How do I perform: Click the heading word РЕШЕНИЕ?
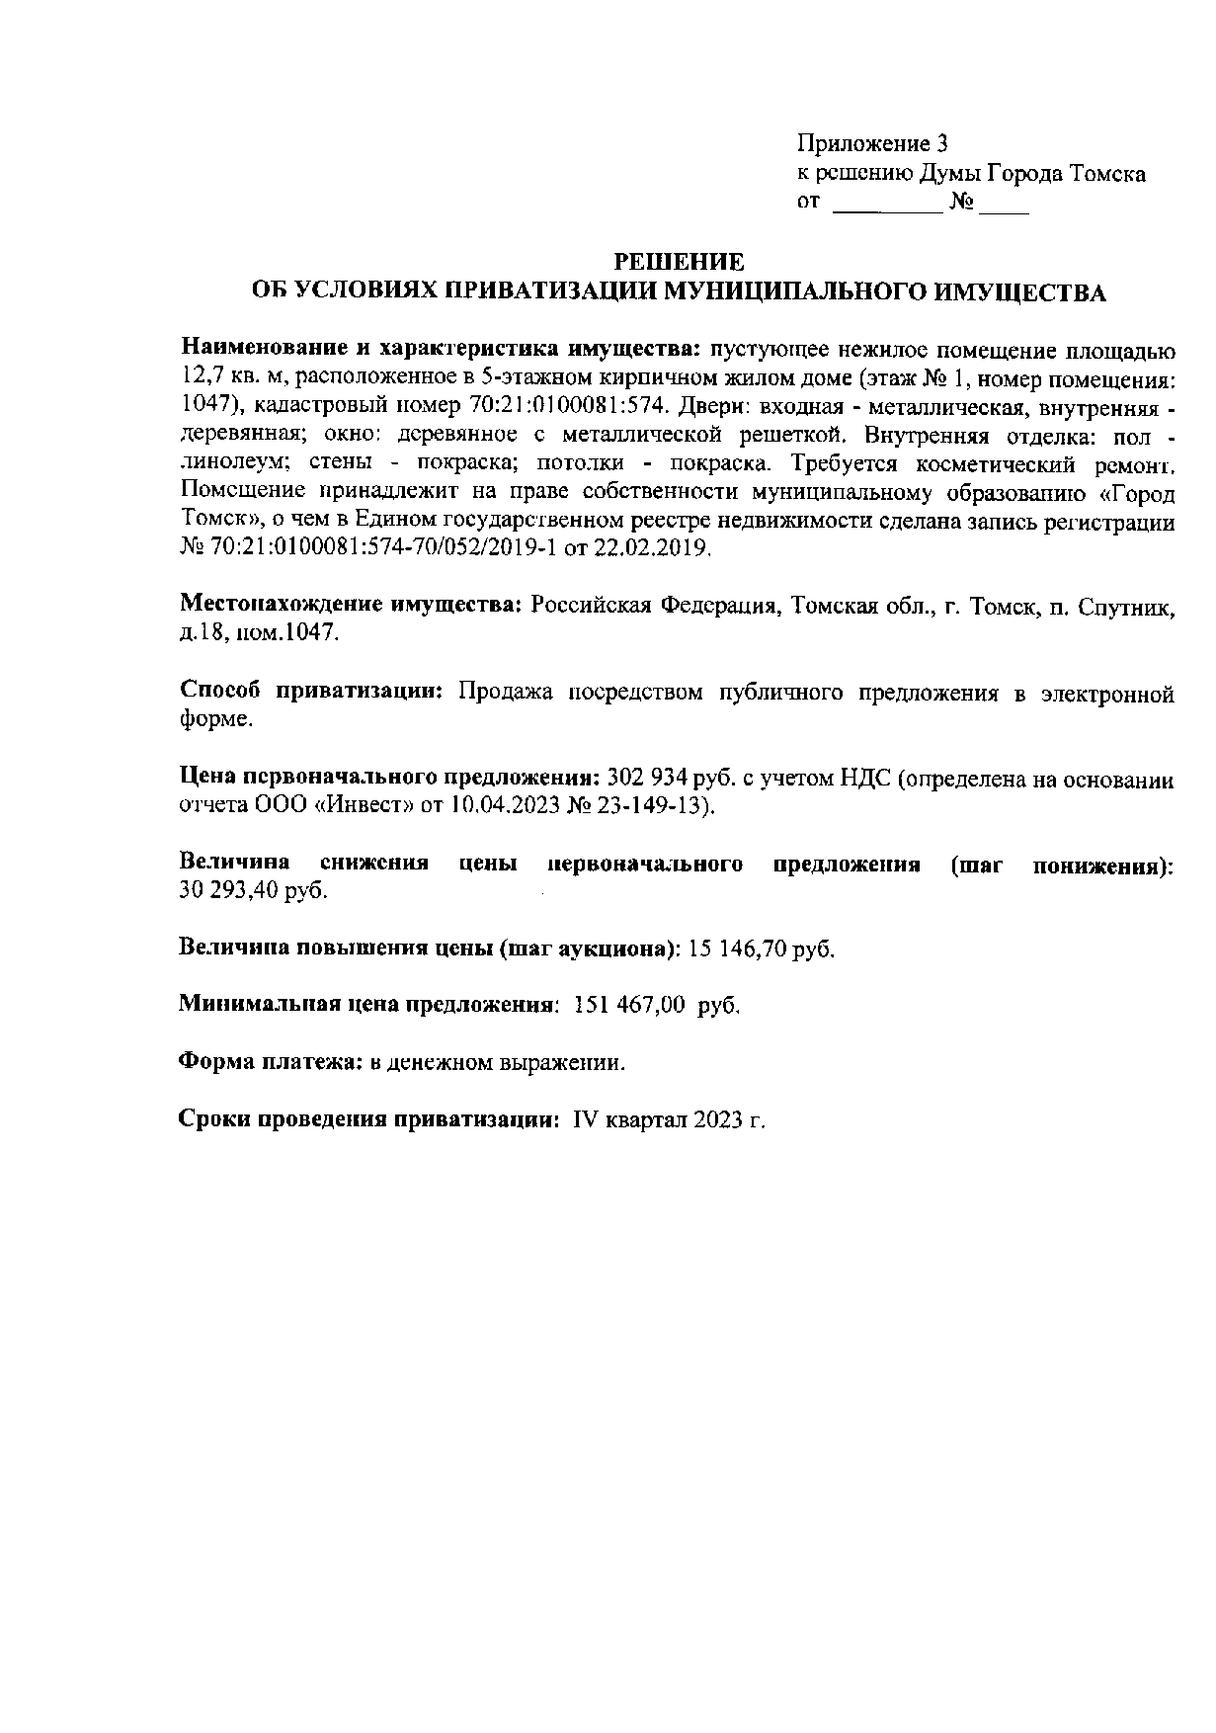(x=679, y=262)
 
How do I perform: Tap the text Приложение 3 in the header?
(x=872, y=143)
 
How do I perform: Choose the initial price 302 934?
(x=641, y=779)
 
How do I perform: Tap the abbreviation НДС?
(x=866, y=779)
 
